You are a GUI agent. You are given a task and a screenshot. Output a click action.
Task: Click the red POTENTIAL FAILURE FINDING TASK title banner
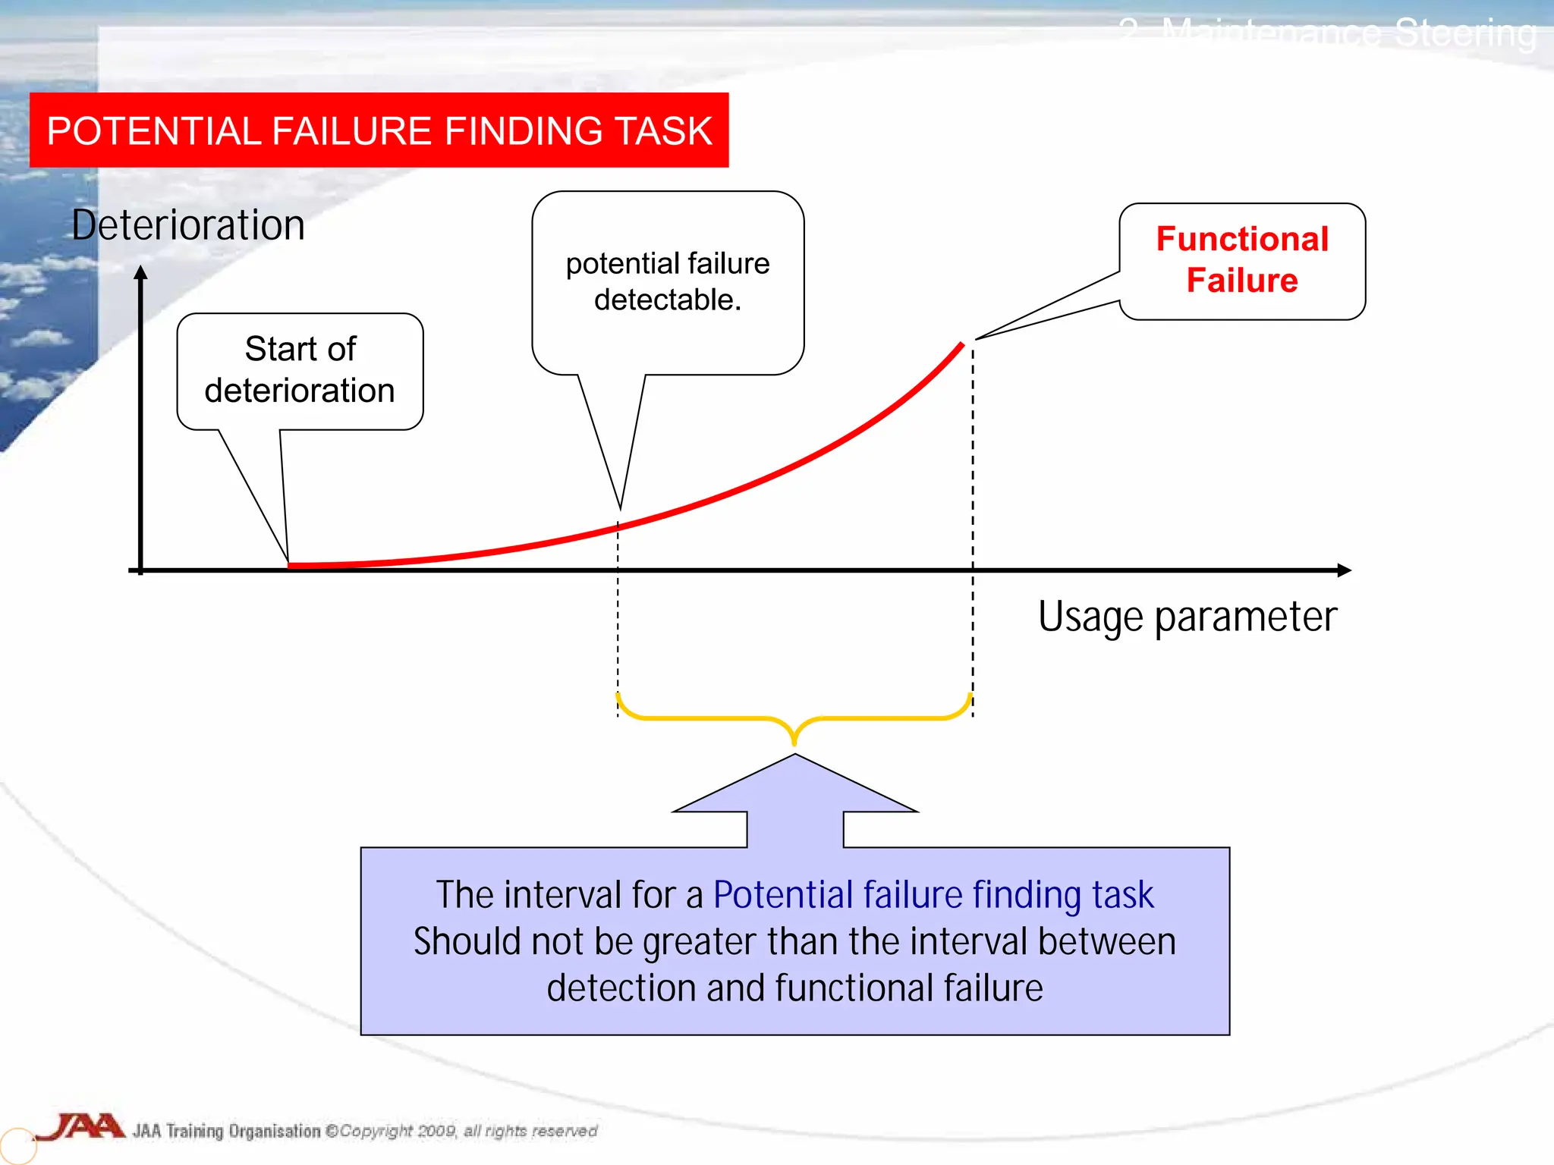(x=379, y=130)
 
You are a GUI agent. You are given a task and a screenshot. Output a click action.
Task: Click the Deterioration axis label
(x=188, y=225)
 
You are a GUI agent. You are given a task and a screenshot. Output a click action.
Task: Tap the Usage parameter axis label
(x=1187, y=616)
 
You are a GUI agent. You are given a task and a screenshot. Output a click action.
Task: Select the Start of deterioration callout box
(x=300, y=371)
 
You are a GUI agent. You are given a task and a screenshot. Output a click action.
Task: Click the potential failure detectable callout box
(x=668, y=282)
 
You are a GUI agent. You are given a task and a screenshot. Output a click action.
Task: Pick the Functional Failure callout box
(x=1242, y=261)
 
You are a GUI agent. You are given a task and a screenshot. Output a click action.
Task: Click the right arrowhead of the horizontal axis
(x=1344, y=570)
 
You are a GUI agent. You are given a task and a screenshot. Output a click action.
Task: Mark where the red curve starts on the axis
(x=291, y=565)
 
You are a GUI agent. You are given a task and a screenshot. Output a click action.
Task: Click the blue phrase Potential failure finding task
(x=933, y=895)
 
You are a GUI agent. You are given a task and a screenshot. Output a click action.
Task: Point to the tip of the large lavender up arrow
(x=794, y=756)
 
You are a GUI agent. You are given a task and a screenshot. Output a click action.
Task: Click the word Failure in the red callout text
(x=1242, y=281)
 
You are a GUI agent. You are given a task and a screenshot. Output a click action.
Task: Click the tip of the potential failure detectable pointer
(x=620, y=508)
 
